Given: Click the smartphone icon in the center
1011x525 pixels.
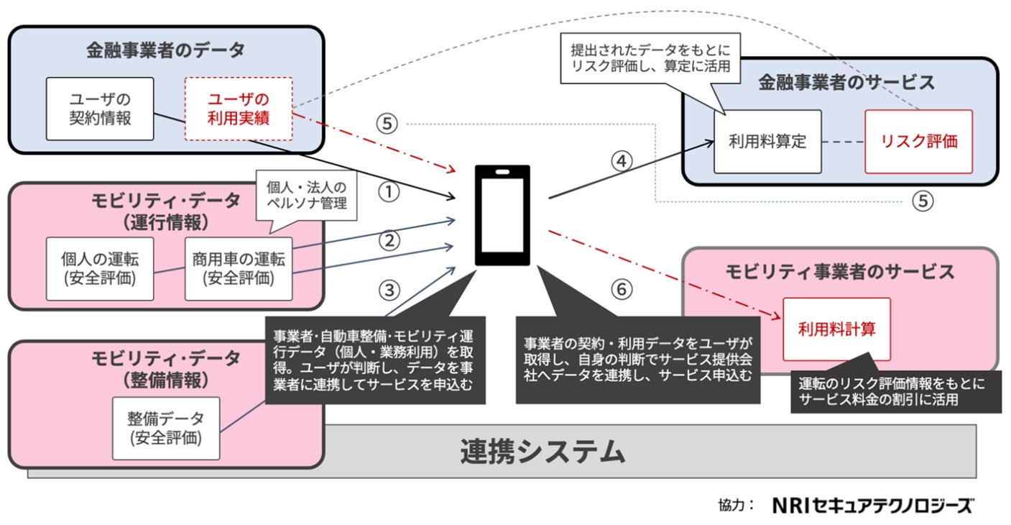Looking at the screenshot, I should pos(502,215).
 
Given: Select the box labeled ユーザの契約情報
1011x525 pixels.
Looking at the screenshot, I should pos(100,109).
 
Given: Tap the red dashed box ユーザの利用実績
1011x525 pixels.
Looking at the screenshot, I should pos(239,109).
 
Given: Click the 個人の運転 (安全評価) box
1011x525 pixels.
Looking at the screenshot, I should pos(100,268).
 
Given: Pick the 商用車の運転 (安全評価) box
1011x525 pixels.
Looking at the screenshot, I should pos(239,268).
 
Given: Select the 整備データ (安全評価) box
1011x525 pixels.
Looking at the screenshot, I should pos(166,427).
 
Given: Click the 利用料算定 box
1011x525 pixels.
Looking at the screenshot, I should pos(767,142).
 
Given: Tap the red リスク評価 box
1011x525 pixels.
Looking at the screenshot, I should pos(918,142).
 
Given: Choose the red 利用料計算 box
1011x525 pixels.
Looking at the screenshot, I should pos(836,329).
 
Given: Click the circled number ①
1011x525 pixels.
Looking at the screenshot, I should pos(389,192).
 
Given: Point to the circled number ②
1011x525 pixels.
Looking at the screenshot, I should pos(389,241).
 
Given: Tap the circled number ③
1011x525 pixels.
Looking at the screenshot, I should pos(389,290).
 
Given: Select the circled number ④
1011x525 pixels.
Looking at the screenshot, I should pos(623,160).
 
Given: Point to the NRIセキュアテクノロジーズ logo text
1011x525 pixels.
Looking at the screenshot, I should pos(872,505).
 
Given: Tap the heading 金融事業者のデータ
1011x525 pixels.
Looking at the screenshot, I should pos(166,50).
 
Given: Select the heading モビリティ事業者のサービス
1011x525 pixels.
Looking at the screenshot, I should pos(839,271).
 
